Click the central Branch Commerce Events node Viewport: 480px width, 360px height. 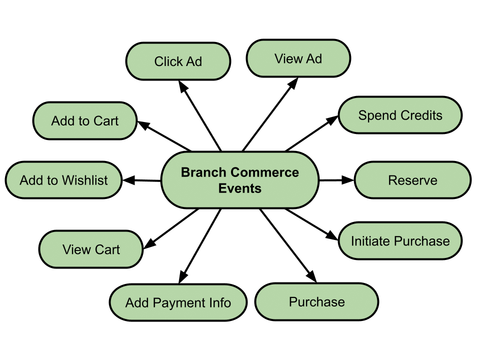(x=239, y=180)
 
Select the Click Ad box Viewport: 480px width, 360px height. (x=178, y=61)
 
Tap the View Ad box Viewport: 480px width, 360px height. (x=298, y=59)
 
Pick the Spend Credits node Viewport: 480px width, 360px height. (x=400, y=115)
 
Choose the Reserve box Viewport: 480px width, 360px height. (x=412, y=180)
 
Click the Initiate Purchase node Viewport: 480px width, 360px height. (x=400, y=241)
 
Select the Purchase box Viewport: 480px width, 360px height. (x=316, y=302)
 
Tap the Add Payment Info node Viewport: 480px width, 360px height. (x=178, y=303)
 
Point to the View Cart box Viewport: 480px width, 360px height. (x=91, y=249)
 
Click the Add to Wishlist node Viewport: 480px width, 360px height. (x=63, y=180)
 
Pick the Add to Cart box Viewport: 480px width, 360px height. (x=84, y=121)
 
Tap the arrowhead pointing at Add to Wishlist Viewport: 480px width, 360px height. (x=128, y=180)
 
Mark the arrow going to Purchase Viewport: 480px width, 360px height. (x=287, y=245)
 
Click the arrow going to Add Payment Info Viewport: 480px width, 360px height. (x=200, y=245)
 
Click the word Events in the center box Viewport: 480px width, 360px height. (x=239, y=188)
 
